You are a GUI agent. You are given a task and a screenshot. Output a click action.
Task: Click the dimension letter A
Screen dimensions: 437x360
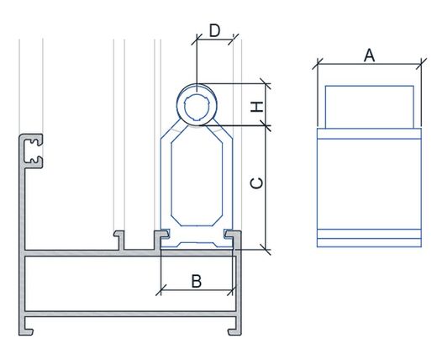click(369, 55)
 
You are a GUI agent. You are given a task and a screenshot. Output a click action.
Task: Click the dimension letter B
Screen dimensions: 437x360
click(197, 281)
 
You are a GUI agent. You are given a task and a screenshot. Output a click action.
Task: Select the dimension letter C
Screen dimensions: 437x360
click(257, 183)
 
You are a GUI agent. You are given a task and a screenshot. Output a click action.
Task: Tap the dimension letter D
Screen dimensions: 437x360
click(215, 30)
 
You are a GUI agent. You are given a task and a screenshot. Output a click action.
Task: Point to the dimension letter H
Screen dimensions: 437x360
click(257, 107)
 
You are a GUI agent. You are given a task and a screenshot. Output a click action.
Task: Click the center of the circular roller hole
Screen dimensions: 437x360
click(197, 107)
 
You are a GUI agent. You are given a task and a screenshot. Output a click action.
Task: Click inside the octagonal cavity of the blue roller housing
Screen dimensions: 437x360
click(197, 176)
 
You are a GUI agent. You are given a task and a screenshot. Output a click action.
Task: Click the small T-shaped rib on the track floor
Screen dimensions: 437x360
click(119, 241)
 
